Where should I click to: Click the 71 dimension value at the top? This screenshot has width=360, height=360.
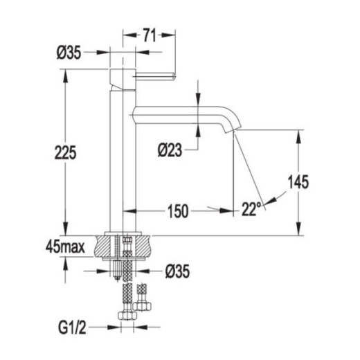tap(149, 35)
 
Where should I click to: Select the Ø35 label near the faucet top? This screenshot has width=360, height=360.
tap(69, 53)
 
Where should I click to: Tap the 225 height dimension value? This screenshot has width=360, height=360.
tap(65, 152)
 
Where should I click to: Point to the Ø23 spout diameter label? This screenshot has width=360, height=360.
tap(170, 150)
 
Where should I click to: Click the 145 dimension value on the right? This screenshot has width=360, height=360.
tap(298, 181)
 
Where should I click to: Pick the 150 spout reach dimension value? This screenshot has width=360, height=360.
tap(178, 211)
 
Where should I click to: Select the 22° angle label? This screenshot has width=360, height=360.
tap(251, 209)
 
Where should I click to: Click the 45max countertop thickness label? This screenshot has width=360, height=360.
tap(65, 247)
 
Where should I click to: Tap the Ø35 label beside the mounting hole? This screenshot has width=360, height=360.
tap(177, 271)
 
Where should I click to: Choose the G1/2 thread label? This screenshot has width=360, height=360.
tap(72, 327)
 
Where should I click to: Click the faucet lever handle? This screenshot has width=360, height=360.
tap(156, 76)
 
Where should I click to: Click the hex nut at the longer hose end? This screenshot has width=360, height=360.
tap(127, 315)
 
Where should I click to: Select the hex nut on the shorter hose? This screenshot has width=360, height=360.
tap(142, 306)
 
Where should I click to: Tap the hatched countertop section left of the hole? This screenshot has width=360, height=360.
tap(105, 246)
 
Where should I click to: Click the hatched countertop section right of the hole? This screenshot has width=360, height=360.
tap(143, 246)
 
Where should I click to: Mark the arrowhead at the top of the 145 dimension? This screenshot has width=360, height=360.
tap(299, 136)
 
